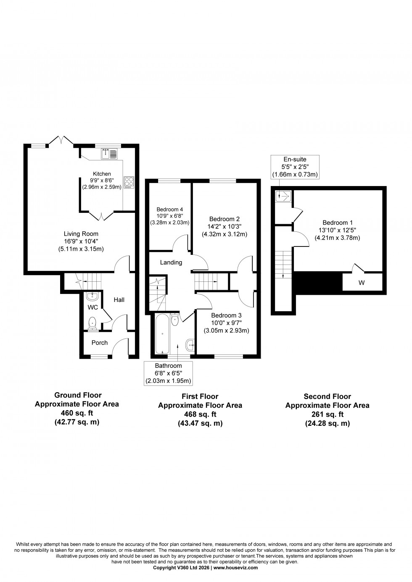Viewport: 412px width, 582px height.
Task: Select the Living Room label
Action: (81, 234)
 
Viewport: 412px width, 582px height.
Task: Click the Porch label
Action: (100, 343)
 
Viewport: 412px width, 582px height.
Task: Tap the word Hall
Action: (119, 300)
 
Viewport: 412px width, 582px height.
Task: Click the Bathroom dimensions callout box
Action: (168, 373)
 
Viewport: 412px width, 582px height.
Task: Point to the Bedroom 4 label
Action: (169, 210)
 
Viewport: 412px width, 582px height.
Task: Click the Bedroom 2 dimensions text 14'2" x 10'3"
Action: (224, 226)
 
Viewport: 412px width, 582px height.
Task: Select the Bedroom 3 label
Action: (227, 315)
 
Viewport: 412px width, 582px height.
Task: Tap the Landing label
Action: (171, 262)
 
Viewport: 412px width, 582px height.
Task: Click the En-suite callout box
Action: (295, 167)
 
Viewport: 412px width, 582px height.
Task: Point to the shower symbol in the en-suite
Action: (283, 195)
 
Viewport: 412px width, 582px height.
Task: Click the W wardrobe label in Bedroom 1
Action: (361, 283)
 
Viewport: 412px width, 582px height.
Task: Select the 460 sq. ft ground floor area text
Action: (77, 413)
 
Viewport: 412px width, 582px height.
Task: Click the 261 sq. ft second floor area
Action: (327, 414)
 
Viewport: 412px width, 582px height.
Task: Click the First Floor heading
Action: (200, 396)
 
